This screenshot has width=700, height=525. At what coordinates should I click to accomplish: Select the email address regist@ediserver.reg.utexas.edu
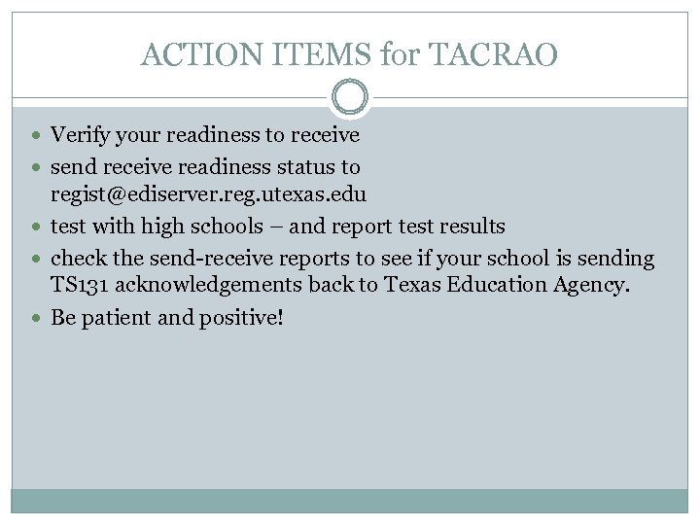[x=208, y=194]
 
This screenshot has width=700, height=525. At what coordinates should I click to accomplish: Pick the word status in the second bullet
[x=306, y=167]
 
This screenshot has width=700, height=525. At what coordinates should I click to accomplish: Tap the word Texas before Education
[x=425, y=286]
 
